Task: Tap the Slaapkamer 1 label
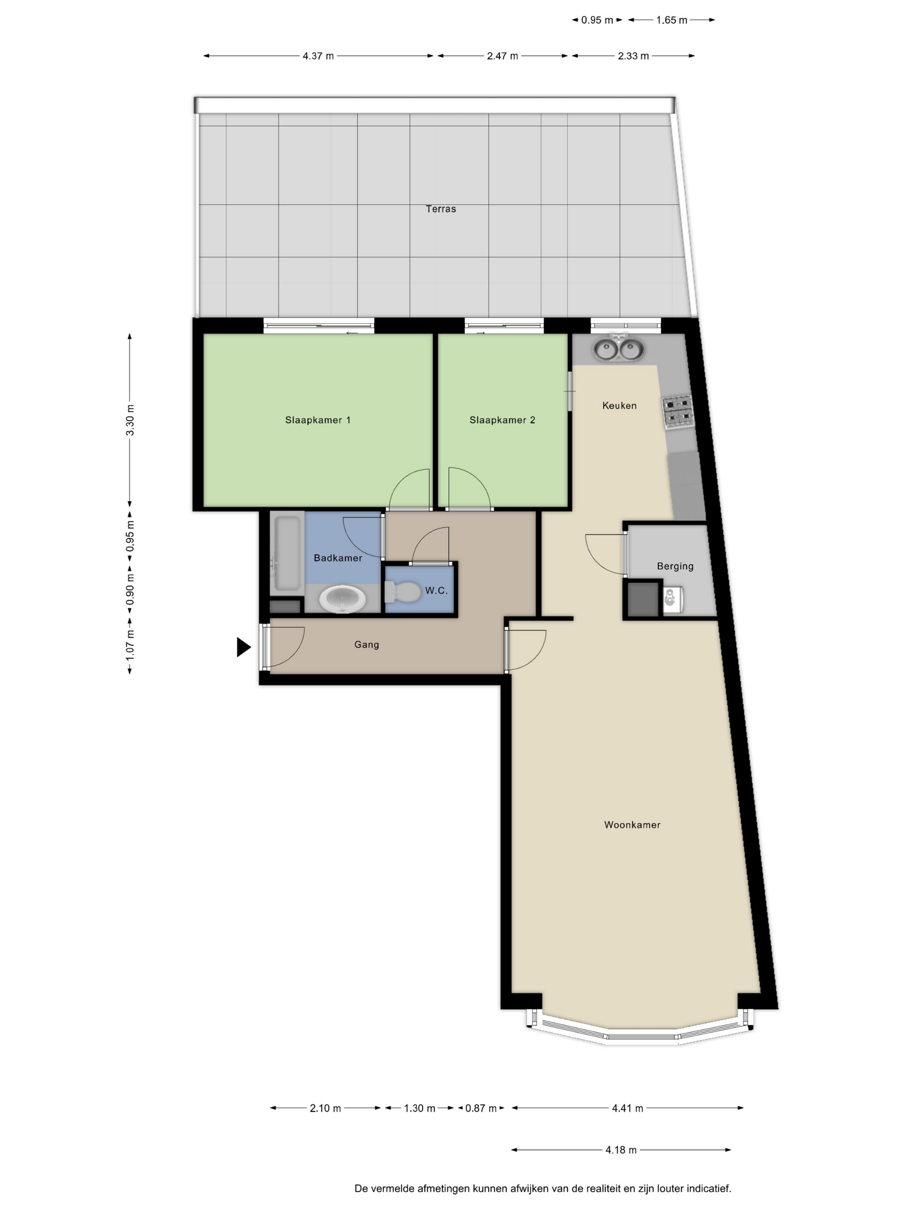pos(317,420)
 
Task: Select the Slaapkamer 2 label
pos(502,420)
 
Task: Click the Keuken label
pos(619,405)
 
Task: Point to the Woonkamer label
pos(632,825)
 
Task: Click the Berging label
pos(675,567)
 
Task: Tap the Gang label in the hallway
pos(366,645)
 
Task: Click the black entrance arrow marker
pos(243,647)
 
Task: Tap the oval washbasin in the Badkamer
pos(342,599)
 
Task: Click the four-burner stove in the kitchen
pos(678,412)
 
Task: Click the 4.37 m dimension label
pos(318,56)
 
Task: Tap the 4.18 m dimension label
pos(620,1150)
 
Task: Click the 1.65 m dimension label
pos(671,20)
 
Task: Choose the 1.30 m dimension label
pos(420,1108)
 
